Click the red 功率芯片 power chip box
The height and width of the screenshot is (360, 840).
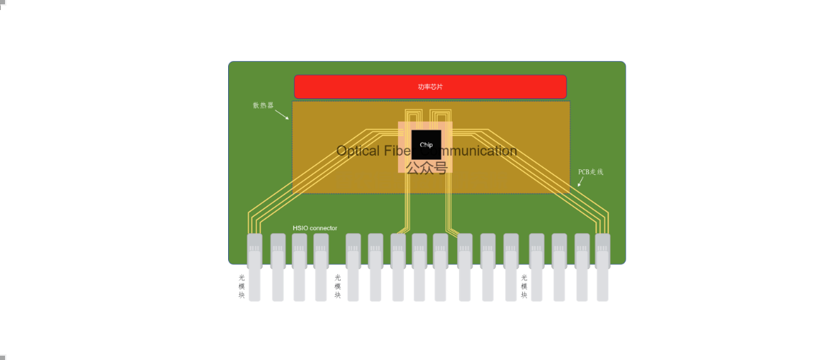tap(430, 87)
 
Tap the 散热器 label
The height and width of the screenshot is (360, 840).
tap(263, 105)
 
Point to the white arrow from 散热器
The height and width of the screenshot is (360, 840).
tap(281, 115)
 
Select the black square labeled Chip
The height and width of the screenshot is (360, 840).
tap(426, 145)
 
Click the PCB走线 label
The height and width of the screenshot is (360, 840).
tap(591, 172)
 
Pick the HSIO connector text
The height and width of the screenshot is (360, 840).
tap(315, 228)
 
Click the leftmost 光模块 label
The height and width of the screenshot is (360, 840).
tap(242, 285)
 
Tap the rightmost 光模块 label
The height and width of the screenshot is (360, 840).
tap(524, 286)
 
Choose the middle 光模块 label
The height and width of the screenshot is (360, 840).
tap(338, 286)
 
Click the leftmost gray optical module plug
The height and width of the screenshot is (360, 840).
tap(255, 267)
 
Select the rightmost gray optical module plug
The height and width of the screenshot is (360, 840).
tap(603, 267)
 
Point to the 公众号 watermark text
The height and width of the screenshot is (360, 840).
tap(426, 168)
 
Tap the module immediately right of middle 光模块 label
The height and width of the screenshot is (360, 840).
tap(353, 267)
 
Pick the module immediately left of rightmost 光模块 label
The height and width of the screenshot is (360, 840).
tap(511, 267)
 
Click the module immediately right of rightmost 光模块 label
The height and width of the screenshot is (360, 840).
tap(537, 267)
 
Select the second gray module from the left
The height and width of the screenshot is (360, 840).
tap(278, 267)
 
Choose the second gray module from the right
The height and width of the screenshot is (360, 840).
tap(582, 267)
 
